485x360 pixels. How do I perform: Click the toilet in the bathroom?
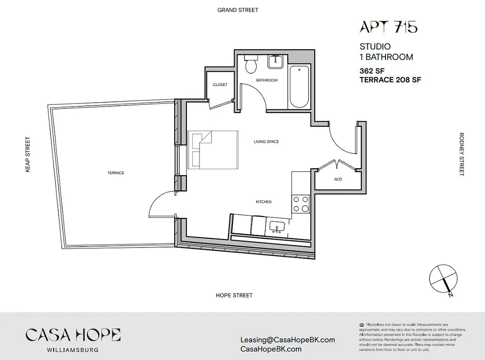click(x=250, y=65)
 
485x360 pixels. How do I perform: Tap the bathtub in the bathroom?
click(x=299, y=86)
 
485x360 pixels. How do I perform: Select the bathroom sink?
click(x=275, y=62)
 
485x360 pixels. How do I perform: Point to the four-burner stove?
click(x=301, y=204)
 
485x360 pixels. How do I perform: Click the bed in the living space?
click(x=213, y=150)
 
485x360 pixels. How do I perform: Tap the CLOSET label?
click(x=220, y=85)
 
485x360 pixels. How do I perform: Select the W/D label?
click(x=338, y=179)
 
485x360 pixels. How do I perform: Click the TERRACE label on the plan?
click(x=116, y=173)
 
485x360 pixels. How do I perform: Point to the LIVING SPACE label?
click(x=266, y=142)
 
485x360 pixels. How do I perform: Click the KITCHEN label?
click(x=263, y=202)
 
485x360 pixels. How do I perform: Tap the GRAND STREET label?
click(x=238, y=10)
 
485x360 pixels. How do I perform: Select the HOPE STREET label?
click(x=234, y=295)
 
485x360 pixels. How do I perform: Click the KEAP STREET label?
click(x=28, y=154)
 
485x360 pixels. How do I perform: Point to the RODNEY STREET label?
click(x=461, y=154)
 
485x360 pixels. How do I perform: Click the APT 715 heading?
click(x=388, y=27)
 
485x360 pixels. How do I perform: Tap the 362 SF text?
click(x=372, y=71)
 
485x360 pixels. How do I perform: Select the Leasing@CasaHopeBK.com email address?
click(x=288, y=340)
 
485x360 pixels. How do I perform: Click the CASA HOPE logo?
click(x=73, y=335)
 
